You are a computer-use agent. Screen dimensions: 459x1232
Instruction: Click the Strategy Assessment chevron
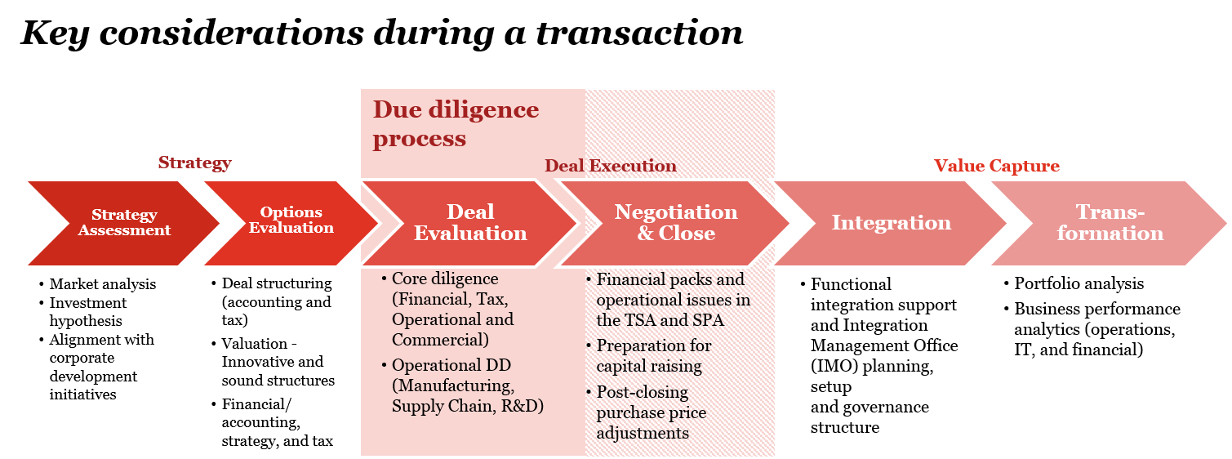[x=124, y=223]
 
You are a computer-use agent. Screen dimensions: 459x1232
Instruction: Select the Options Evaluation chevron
[x=291, y=221]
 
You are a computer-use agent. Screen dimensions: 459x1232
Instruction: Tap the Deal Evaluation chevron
[x=470, y=223]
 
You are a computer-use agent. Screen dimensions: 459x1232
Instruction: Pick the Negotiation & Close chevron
[x=675, y=223]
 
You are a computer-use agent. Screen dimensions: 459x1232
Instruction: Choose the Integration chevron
[x=891, y=223]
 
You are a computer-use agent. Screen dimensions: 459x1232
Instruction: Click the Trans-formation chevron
[x=1110, y=223]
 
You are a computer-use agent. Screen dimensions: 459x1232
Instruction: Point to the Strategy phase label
[x=194, y=163]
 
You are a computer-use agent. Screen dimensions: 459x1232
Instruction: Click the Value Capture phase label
[x=996, y=166]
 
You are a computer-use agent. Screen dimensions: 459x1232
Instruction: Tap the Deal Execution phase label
[x=611, y=166]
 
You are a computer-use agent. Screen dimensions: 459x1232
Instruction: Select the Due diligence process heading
[x=456, y=124]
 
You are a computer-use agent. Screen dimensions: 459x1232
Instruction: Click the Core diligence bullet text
[x=452, y=310]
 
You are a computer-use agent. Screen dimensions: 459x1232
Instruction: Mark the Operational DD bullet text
[x=467, y=385]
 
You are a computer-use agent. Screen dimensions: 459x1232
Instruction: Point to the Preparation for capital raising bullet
[x=653, y=356]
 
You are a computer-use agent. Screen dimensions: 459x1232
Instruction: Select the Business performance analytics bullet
[x=1096, y=329]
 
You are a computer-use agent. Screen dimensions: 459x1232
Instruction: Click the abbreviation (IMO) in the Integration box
[x=831, y=366]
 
